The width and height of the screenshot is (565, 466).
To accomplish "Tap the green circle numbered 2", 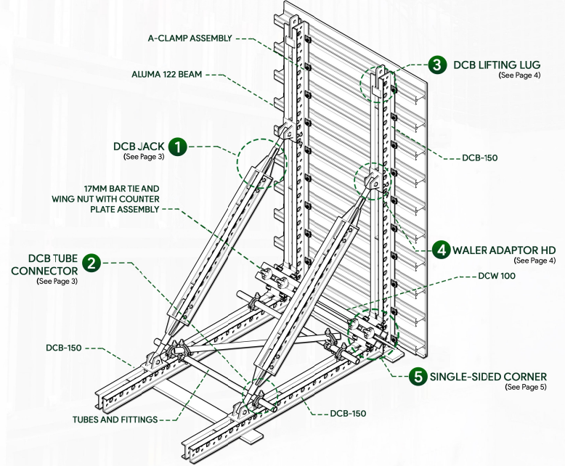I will point(91,261).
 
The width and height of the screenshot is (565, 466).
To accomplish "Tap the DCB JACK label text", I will point(139,146).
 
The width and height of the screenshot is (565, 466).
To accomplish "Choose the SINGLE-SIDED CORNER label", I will point(488,377).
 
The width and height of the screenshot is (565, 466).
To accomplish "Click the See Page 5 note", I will point(524,388).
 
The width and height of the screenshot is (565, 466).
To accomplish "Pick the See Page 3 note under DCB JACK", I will point(144,156).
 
